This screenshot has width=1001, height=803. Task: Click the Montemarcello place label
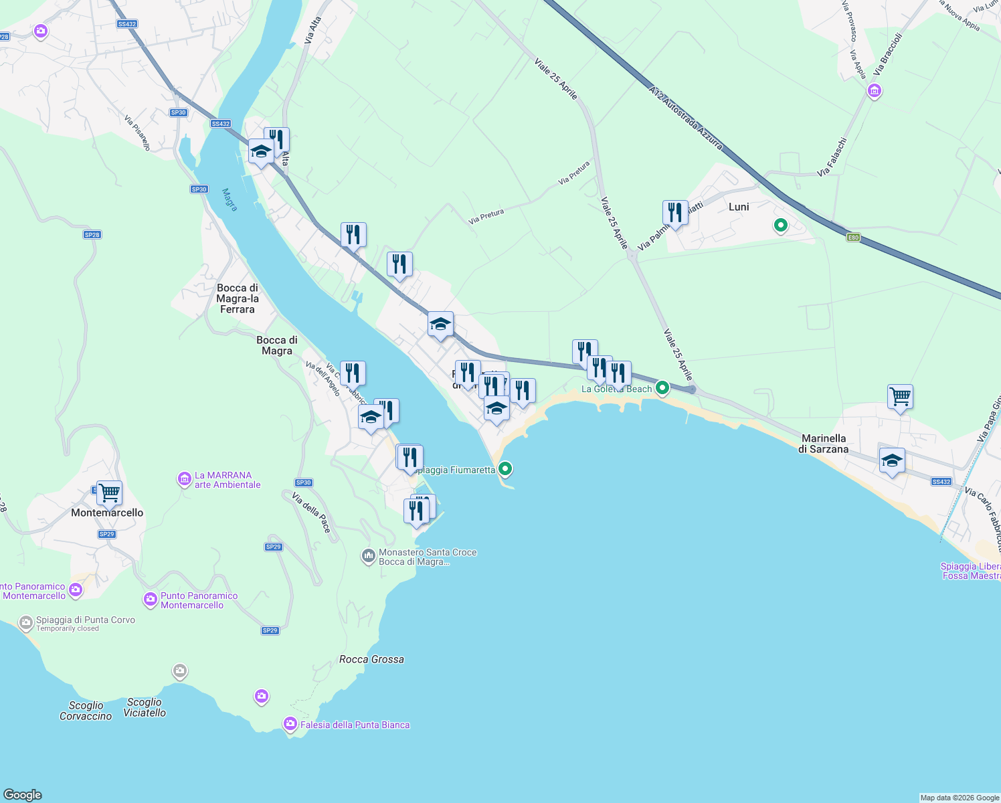tap(107, 513)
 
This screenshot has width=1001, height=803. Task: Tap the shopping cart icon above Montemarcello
tap(109, 493)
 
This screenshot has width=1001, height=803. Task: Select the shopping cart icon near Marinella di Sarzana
tap(900, 397)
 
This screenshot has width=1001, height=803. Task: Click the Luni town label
tap(739, 207)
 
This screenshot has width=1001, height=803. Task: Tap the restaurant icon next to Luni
tap(675, 213)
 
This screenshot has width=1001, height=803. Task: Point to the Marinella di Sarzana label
tap(824, 444)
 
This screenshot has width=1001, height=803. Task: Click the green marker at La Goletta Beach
tap(662, 387)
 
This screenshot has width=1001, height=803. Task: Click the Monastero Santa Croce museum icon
tap(368, 556)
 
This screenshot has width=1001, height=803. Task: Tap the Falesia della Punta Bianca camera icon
tap(290, 724)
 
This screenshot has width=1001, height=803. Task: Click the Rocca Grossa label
tap(371, 659)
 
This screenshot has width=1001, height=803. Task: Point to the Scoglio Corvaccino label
tap(86, 711)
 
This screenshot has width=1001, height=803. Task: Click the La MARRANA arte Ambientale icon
tap(184, 479)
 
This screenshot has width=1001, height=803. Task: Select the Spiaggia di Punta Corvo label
tap(86, 620)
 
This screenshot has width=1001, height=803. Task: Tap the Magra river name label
tap(230, 199)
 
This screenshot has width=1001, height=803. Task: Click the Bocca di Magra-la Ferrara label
tap(238, 298)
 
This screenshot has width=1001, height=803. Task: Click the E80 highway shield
tap(852, 237)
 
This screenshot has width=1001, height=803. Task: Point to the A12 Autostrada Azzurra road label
tap(685, 117)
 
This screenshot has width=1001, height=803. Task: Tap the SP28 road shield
tap(92, 235)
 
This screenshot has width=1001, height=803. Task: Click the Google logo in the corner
tap(23, 794)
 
